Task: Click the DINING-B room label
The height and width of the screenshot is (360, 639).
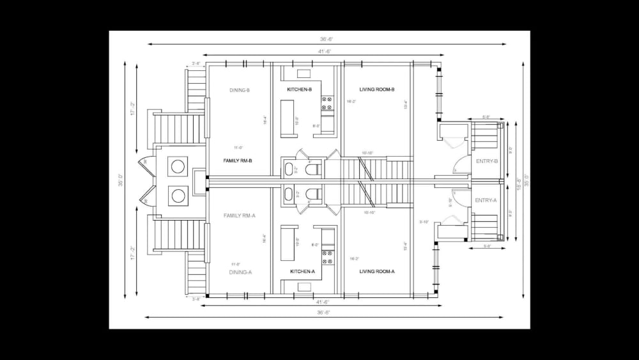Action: point(239,90)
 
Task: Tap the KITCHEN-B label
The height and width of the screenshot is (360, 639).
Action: point(299,90)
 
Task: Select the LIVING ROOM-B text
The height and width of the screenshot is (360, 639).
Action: point(376,90)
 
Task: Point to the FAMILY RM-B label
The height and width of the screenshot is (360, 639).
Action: point(237,160)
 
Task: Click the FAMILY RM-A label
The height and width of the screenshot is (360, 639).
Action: point(239,215)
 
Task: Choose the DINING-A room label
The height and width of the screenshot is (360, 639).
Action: point(240,272)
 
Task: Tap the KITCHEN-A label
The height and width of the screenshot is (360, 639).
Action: point(302,272)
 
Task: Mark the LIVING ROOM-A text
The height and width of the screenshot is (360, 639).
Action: point(376,272)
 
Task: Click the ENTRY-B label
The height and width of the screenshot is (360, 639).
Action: point(487,161)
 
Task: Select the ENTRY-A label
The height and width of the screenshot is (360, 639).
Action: point(486,200)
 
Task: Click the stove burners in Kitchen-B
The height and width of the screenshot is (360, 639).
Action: point(327,99)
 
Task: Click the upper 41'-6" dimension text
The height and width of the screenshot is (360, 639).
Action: point(325,51)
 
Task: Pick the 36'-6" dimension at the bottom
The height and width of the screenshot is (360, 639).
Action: point(323,313)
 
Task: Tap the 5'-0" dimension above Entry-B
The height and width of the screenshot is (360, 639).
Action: point(486,117)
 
